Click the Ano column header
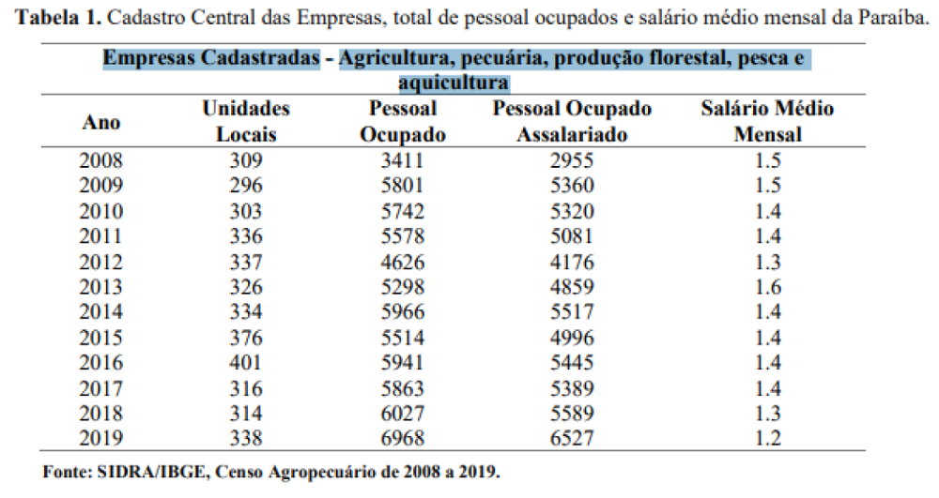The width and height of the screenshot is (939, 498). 102,123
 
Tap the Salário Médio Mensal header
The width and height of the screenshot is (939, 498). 767,122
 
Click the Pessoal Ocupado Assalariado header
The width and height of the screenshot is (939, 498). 572,122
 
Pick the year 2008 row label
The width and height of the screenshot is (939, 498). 103,160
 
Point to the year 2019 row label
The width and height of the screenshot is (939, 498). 103,437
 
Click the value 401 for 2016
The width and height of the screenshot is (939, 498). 246,362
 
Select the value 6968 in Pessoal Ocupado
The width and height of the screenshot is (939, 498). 402,437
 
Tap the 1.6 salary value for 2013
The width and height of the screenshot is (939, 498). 767,286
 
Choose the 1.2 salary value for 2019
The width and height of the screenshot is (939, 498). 767,437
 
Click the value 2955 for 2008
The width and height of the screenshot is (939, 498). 572,160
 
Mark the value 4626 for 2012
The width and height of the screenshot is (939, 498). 402,262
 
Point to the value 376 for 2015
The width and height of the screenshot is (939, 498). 246,337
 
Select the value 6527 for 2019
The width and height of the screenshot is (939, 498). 572,437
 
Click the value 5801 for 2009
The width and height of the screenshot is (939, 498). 402,186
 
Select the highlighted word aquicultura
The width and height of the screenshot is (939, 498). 454,83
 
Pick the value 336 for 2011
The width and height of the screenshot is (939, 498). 246,236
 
